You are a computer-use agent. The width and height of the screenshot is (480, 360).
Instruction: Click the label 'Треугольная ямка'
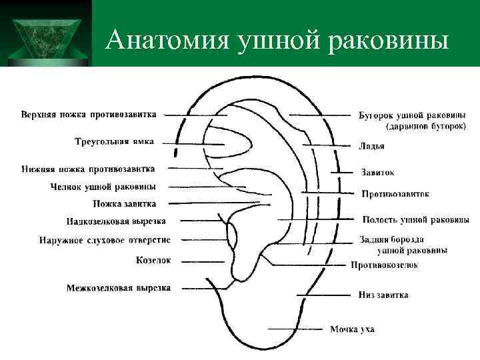(113, 141)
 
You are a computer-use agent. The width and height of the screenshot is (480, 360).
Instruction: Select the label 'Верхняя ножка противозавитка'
(89, 114)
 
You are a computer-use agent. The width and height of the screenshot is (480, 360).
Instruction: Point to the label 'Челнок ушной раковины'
(103, 187)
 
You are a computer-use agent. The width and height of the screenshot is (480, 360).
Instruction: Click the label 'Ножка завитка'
(125, 203)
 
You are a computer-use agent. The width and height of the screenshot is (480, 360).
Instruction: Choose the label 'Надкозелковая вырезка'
(116, 221)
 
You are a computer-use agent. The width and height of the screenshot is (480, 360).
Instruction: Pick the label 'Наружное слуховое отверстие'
(105, 240)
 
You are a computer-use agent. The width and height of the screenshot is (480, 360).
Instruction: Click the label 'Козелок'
(153, 260)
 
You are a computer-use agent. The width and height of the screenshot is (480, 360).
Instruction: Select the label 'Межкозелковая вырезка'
(118, 288)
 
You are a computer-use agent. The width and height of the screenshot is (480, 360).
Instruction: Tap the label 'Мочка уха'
(352, 329)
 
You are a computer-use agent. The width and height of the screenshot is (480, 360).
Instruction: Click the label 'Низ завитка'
(383, 295)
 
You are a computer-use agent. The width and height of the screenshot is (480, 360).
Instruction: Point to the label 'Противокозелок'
(384, 265)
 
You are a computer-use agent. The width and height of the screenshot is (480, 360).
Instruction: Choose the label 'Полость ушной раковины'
(415, 219)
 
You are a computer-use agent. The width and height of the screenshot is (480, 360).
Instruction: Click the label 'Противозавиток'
(395, 194)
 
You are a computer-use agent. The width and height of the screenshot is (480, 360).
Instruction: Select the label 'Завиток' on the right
(377, 173)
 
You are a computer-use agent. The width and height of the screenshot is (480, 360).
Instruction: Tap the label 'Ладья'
(371, 146)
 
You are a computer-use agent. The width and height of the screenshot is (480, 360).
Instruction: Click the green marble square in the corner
(45, 33)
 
